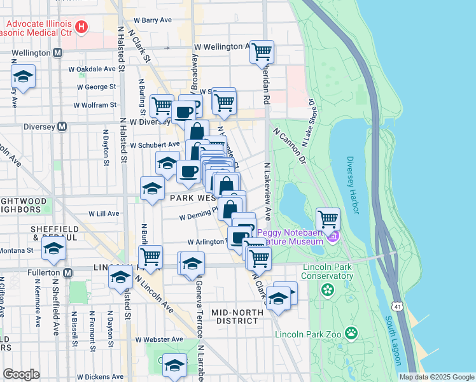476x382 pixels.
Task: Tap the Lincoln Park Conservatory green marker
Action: [x=328, y=291]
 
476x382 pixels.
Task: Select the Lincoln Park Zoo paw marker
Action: [x=351, y=333]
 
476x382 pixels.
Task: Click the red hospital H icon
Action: [x=81, y=27]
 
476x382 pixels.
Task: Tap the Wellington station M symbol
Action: [x=58, y=52]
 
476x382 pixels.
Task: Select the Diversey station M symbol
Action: [x=62, y=126]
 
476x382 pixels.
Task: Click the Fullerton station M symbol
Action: [x=68, y=272]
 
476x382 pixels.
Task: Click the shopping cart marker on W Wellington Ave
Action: [x=262, y=52]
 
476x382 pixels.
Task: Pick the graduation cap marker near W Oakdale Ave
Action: [x=24, y=76]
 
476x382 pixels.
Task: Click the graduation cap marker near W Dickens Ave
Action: [x=174, y=365]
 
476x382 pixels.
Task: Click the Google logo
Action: [x=21, y=374]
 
